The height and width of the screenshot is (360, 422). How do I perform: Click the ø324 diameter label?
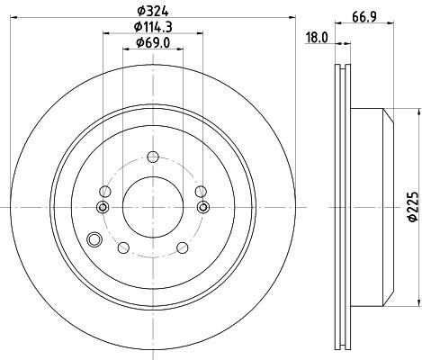click(153, 12)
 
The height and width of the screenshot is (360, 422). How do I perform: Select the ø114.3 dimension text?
click(153, 27)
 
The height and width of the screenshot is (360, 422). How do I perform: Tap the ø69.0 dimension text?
click(153, 43)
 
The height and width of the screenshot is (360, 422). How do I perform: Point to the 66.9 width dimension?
click(364, 16)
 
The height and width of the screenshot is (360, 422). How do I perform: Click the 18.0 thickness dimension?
click(317, 38)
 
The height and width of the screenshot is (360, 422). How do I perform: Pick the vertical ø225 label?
click(414, 207)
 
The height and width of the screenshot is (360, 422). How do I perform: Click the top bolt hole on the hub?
click(153, 157)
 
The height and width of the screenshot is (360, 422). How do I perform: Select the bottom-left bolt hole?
click(123, 247)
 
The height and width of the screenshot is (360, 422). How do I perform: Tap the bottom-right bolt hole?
click(183, 247)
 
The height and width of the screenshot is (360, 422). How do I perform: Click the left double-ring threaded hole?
click(103, 207)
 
